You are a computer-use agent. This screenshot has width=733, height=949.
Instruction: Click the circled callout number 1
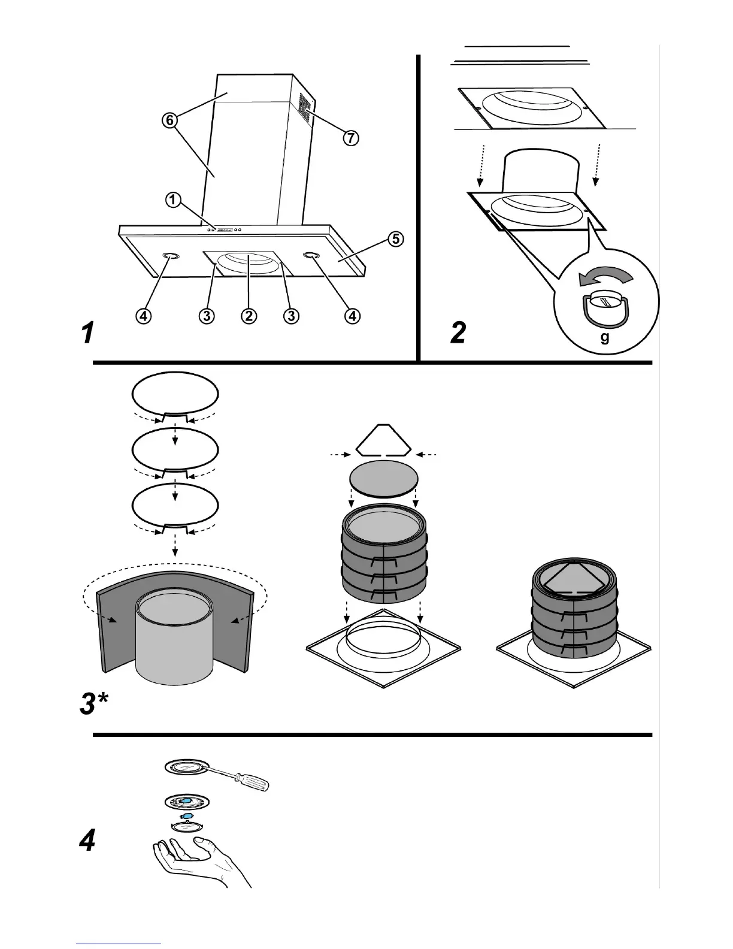[x=172, y=200]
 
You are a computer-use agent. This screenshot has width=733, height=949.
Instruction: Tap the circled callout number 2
[x=249, y=315]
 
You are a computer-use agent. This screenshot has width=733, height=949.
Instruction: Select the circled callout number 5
[x=394, y=240]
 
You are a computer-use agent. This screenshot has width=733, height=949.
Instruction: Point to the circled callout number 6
[x=169, y=120]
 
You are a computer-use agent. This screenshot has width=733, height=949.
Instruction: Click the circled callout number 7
[x=350, y=138]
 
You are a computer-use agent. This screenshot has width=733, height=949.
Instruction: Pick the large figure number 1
[x=88, y=333]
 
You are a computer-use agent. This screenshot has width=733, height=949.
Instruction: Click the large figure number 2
[x=458, y=333]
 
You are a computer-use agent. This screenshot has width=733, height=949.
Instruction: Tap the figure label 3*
[x=94, y=704]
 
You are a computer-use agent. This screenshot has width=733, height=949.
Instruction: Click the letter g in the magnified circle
[x=605, y=338]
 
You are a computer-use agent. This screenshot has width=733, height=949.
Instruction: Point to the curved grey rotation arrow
[x=605, y=277]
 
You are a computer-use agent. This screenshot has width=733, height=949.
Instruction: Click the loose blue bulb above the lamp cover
[x=186, y=817]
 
